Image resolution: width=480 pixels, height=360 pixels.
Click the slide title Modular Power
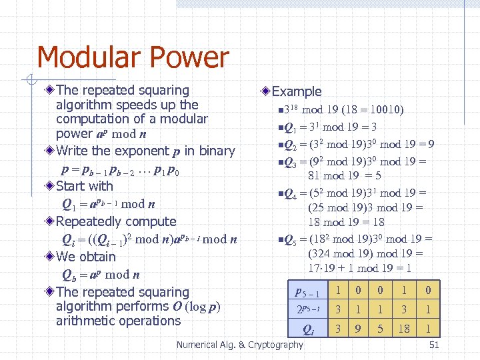pyautogui.click(x=133, y=58)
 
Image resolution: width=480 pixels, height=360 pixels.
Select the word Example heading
pyautogui.click(x=297, y=92)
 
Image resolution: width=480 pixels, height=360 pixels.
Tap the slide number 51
pyautogui.click(x=434, y=345)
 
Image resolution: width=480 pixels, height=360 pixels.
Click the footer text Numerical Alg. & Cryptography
pyautogui.click(x=239, y=345)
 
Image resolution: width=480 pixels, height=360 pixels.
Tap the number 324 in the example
pyautogui.click(x=322, y=253)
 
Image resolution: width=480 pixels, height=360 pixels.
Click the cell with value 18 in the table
pyautogui.click(x=403, y=328)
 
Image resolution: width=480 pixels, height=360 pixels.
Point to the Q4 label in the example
pyautogui.click(x=290, y=195)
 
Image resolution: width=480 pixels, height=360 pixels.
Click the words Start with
pyautogui.click(x=85, y=186)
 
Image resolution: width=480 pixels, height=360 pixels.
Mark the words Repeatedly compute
pyautogui.click(x=116, y=221)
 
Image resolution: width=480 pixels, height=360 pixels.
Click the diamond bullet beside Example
pyautogui.click(x=266, y=91)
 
